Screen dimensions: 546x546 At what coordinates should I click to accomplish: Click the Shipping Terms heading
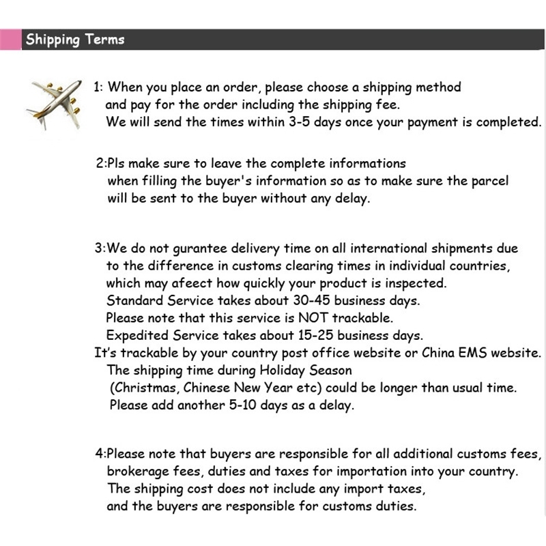[x=75, y=40]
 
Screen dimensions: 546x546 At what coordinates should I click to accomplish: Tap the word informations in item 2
[x=367, y=164]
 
